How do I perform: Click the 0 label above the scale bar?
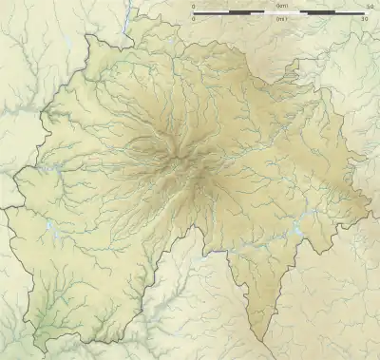tap(194, 8)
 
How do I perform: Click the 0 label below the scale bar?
tap(194, 19)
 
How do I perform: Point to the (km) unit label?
tap(280, 8)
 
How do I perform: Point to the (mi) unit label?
tap(280, 19)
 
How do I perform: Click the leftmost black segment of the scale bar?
tap(215, 13)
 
